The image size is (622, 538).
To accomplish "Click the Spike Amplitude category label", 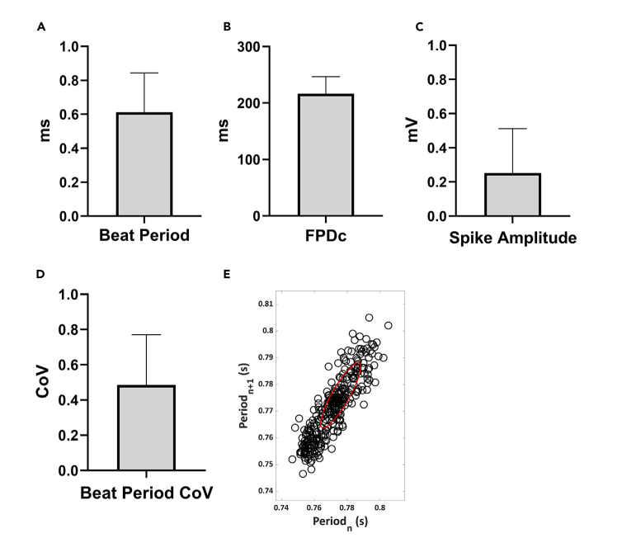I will pyautogui.click(x=512, y=238).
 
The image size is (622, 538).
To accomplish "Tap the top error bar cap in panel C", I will pyautogui.click(x=511, y=129).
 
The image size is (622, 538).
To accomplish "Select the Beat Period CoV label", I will pyautogui.click(x=146, y=493).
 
